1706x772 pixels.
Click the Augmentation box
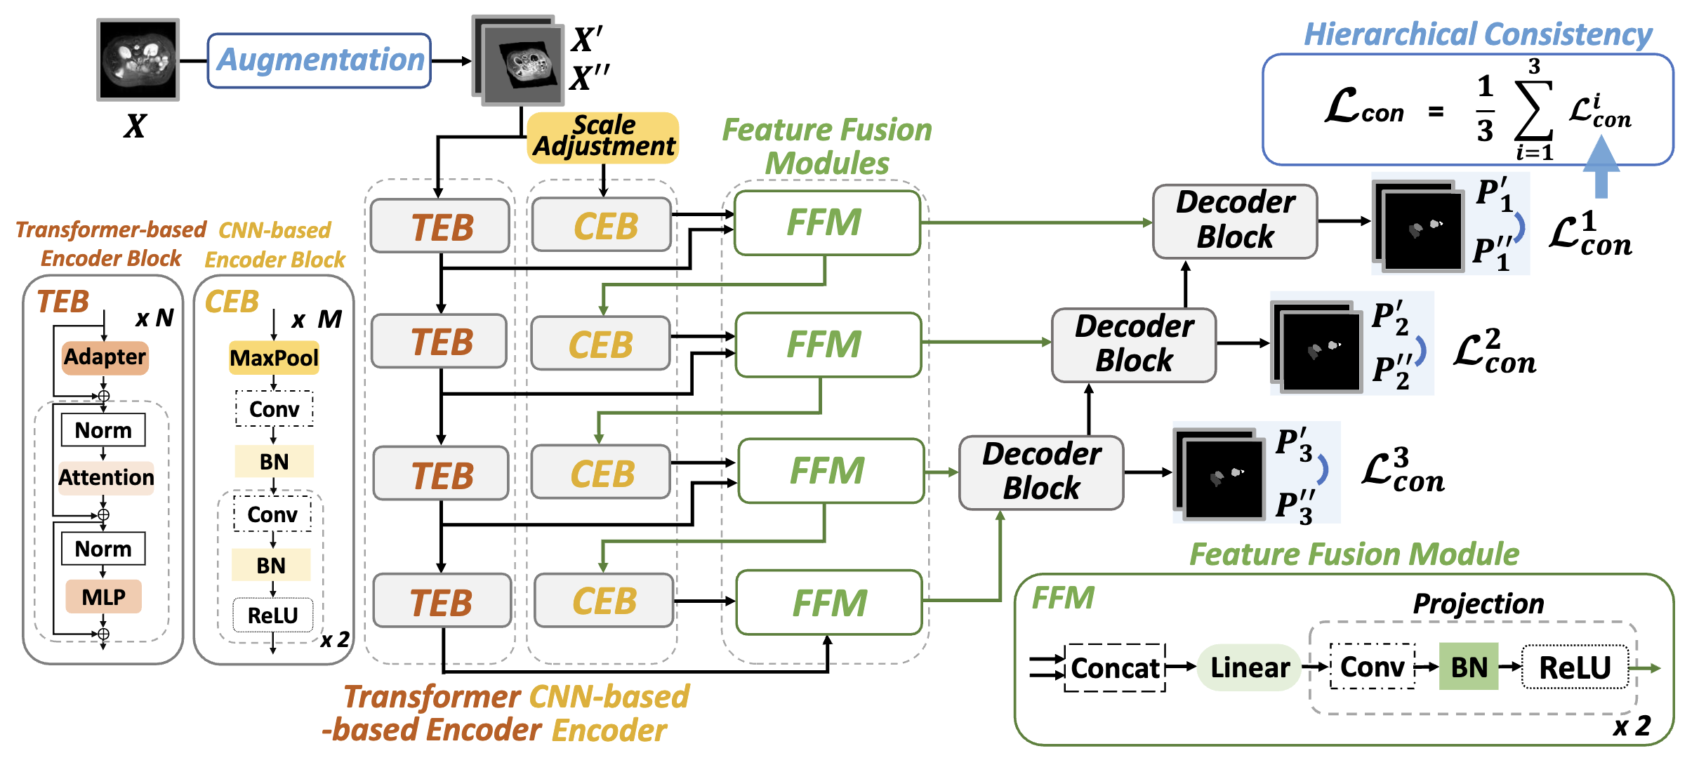(x=319, y=60)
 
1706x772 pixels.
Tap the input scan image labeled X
(x=138, y=60)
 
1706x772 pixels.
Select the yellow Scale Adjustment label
(x=603, y=137)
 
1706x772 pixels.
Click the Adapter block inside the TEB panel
(x=105, y=357)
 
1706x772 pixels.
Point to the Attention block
(x=106, y=478)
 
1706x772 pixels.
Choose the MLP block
(x=103, y=597)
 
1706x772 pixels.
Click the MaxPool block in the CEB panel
(x=274, y=358)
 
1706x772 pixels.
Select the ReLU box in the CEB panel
(x=273, y=615)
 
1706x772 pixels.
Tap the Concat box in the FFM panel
(x=1115, y=668)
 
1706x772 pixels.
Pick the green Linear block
(x=1250, y=667)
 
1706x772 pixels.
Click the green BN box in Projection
(x=1469, y=667)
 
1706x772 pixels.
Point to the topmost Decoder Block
(x=1235, y=221)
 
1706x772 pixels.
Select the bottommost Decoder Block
(x=1041, y=472)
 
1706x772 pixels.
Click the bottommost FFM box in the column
(x=829, y=602)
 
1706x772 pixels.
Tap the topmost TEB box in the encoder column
(x=440, y=226)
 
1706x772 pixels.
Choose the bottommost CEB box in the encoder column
(x=604, y=601)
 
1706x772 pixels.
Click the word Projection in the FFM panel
(x=1478, y=604)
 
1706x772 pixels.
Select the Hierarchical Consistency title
(x=1478, y=34)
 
